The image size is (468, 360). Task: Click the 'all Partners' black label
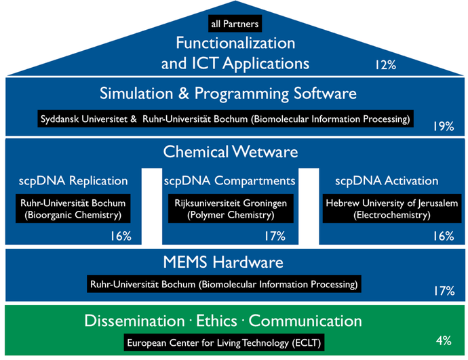pyautogui.click(x=235, y=24)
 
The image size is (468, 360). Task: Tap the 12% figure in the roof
pyautogui.click(x=386, y=64)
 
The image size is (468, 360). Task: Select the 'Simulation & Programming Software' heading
pyautogui.click(x=228, y=94)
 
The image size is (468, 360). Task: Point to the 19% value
pyautogui.click(x=444, y=127)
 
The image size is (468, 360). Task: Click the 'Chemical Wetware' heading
pyautogui.click(x=231, y=151)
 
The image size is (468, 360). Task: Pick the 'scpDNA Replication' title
pyautogui.click(x=73, y=181)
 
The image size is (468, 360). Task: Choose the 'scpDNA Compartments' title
pyautogui.click(x=229, y=181)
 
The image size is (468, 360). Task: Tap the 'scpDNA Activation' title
pyautogui.click(x=387, y=181)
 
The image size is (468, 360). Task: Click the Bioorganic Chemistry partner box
pyautogui.click(x=73, y=209)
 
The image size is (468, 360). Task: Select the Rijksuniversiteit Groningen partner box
pyautogui.click(x=231, y=209)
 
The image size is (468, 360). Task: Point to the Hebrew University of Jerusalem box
pyautogui.click(x=392, y=209)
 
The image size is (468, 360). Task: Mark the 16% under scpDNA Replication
pyautogui.click(x=121, y=236)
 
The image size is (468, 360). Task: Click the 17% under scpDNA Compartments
pyautogui.click(x=275, y=236)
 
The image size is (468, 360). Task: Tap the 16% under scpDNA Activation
pyautogui.click(x=444, y=236)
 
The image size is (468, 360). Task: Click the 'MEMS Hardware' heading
pyautogui.click(x=223, y=262)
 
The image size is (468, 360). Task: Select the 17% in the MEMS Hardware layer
pyautogui.click(x=444, y=290)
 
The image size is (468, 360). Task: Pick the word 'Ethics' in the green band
pyautogui.click(x=216, y=321)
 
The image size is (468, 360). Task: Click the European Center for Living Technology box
pyautogui.click(x=224, y=342)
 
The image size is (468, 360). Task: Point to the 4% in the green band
pyautogui.click(x=444, y=340)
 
